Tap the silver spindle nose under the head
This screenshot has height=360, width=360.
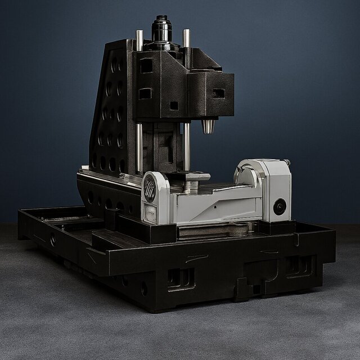tap(209, 127)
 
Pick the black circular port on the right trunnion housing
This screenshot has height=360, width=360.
tap(280, 206)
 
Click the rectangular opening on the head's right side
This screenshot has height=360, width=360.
tap(218, 93)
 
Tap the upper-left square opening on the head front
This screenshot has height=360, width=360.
tap(146, 66)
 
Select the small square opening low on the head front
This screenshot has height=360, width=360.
tap(174, 105)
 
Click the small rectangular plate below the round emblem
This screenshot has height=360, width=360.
tap(151, 212)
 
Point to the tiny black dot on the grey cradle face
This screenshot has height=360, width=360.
tap(215, 206)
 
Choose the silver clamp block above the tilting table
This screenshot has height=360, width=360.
tap(191, 177)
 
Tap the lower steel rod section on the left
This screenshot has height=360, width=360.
tap(139, 147)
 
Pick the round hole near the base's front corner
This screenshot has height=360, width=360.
tap(144, 289)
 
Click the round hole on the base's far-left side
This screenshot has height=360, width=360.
tap(53, 241)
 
